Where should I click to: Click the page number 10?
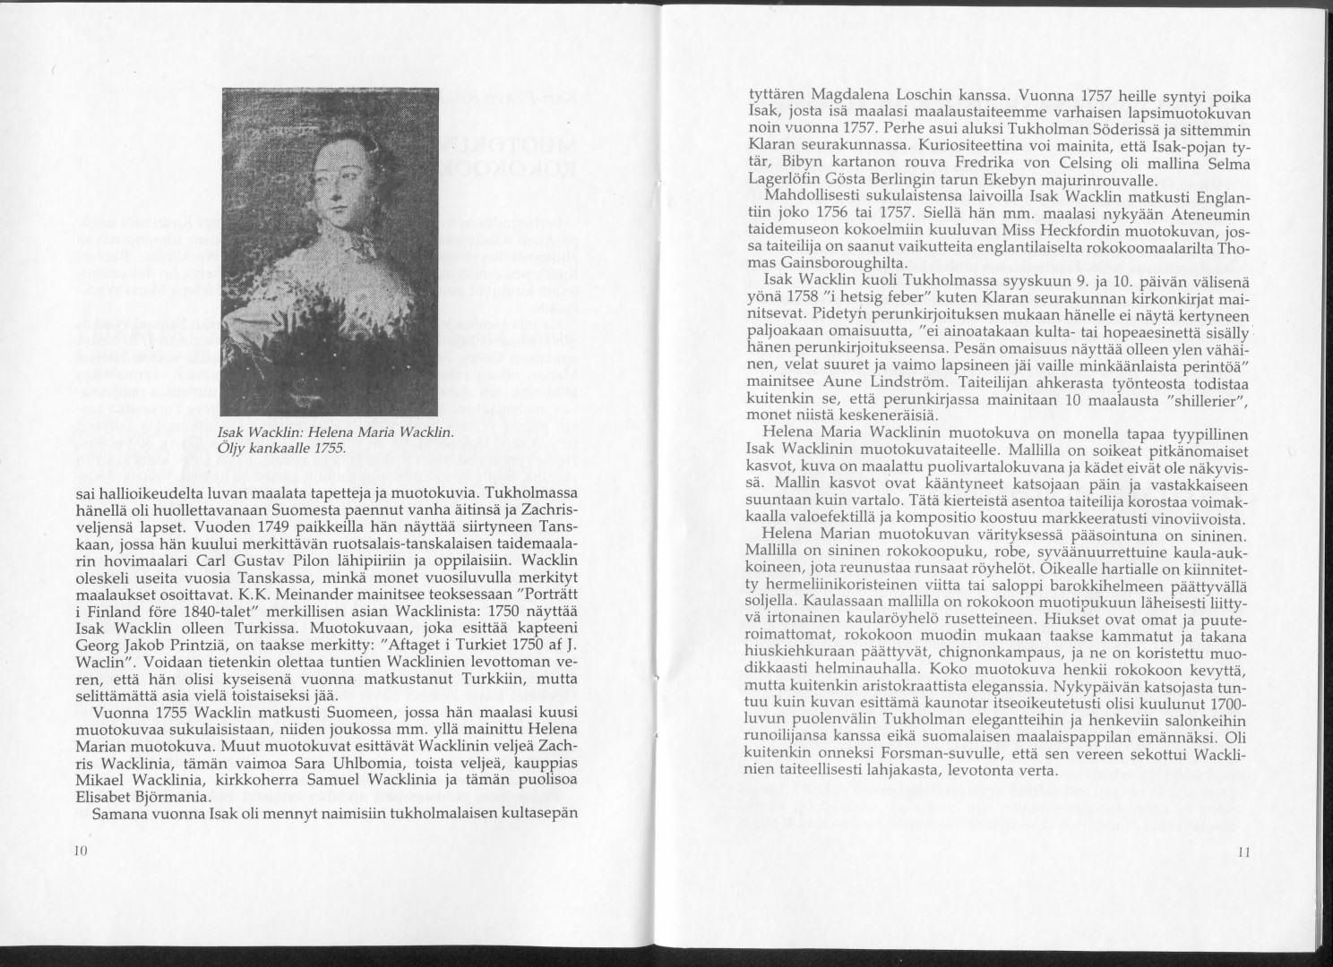(79, 851)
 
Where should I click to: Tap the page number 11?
(1242, 853)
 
